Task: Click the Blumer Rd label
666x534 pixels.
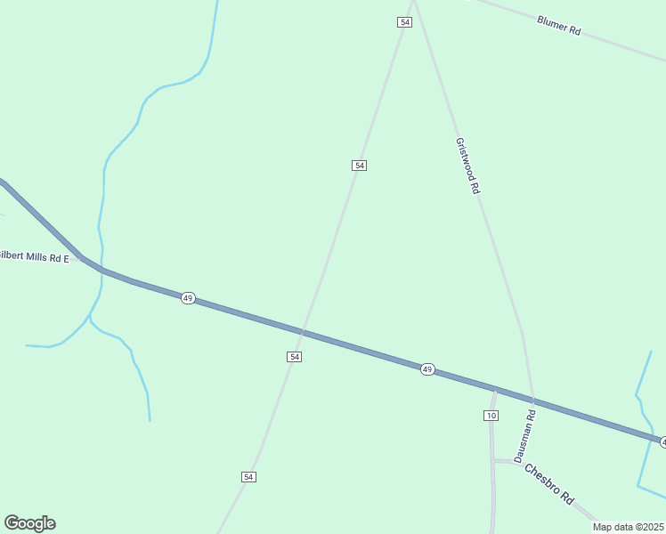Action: [559, 25]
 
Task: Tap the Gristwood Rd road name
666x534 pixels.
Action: [467, 166]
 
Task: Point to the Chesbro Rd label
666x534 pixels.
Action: [548, 484]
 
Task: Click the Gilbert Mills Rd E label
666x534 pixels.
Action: [34, 257]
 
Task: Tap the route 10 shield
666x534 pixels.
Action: [491, 416]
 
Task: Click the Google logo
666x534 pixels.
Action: [29, 523]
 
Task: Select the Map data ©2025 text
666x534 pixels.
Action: [629, 527]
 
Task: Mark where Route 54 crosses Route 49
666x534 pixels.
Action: [302, 333]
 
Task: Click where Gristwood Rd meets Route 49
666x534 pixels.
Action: [532, 398]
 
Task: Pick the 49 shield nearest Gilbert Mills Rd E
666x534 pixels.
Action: [188, 298]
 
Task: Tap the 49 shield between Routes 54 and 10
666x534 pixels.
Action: [427, 369]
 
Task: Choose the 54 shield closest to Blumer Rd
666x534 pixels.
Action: [404, 21]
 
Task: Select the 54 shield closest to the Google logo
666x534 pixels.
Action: [248, 477]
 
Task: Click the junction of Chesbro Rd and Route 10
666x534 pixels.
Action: [493, 460]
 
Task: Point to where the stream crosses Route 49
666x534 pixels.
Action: [101, 269]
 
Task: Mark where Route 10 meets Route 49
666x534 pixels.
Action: [495, 388]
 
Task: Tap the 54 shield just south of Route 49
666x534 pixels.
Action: [295, 356]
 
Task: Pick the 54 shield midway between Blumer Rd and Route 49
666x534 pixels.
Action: [359, 166]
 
